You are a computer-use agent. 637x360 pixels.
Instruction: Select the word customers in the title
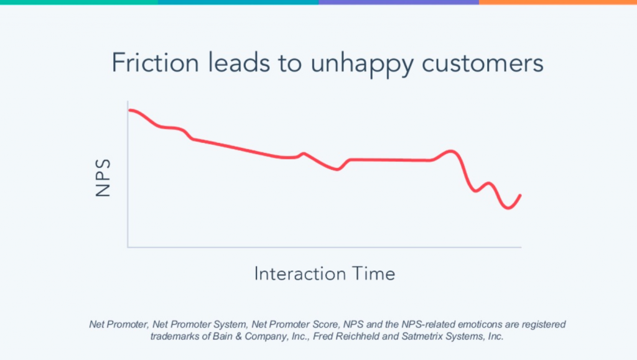tap(475, 63)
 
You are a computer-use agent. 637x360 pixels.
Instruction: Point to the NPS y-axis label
tap(103, 178)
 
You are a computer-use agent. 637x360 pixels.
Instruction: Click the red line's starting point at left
tap(129, 110)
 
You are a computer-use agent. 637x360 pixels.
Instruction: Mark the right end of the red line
tap(520, 195)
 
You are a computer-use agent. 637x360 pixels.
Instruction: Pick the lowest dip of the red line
tap(508, 208)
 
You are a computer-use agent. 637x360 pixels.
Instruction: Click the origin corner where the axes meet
tap(128, 247)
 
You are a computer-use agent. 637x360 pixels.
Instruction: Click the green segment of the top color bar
tap(79, 2)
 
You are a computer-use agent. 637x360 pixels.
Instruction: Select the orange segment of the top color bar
tap(558, 2)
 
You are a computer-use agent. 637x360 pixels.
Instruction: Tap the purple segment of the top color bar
tap(398, 2)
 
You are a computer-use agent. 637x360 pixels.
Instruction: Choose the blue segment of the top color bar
tap(238, 2)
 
